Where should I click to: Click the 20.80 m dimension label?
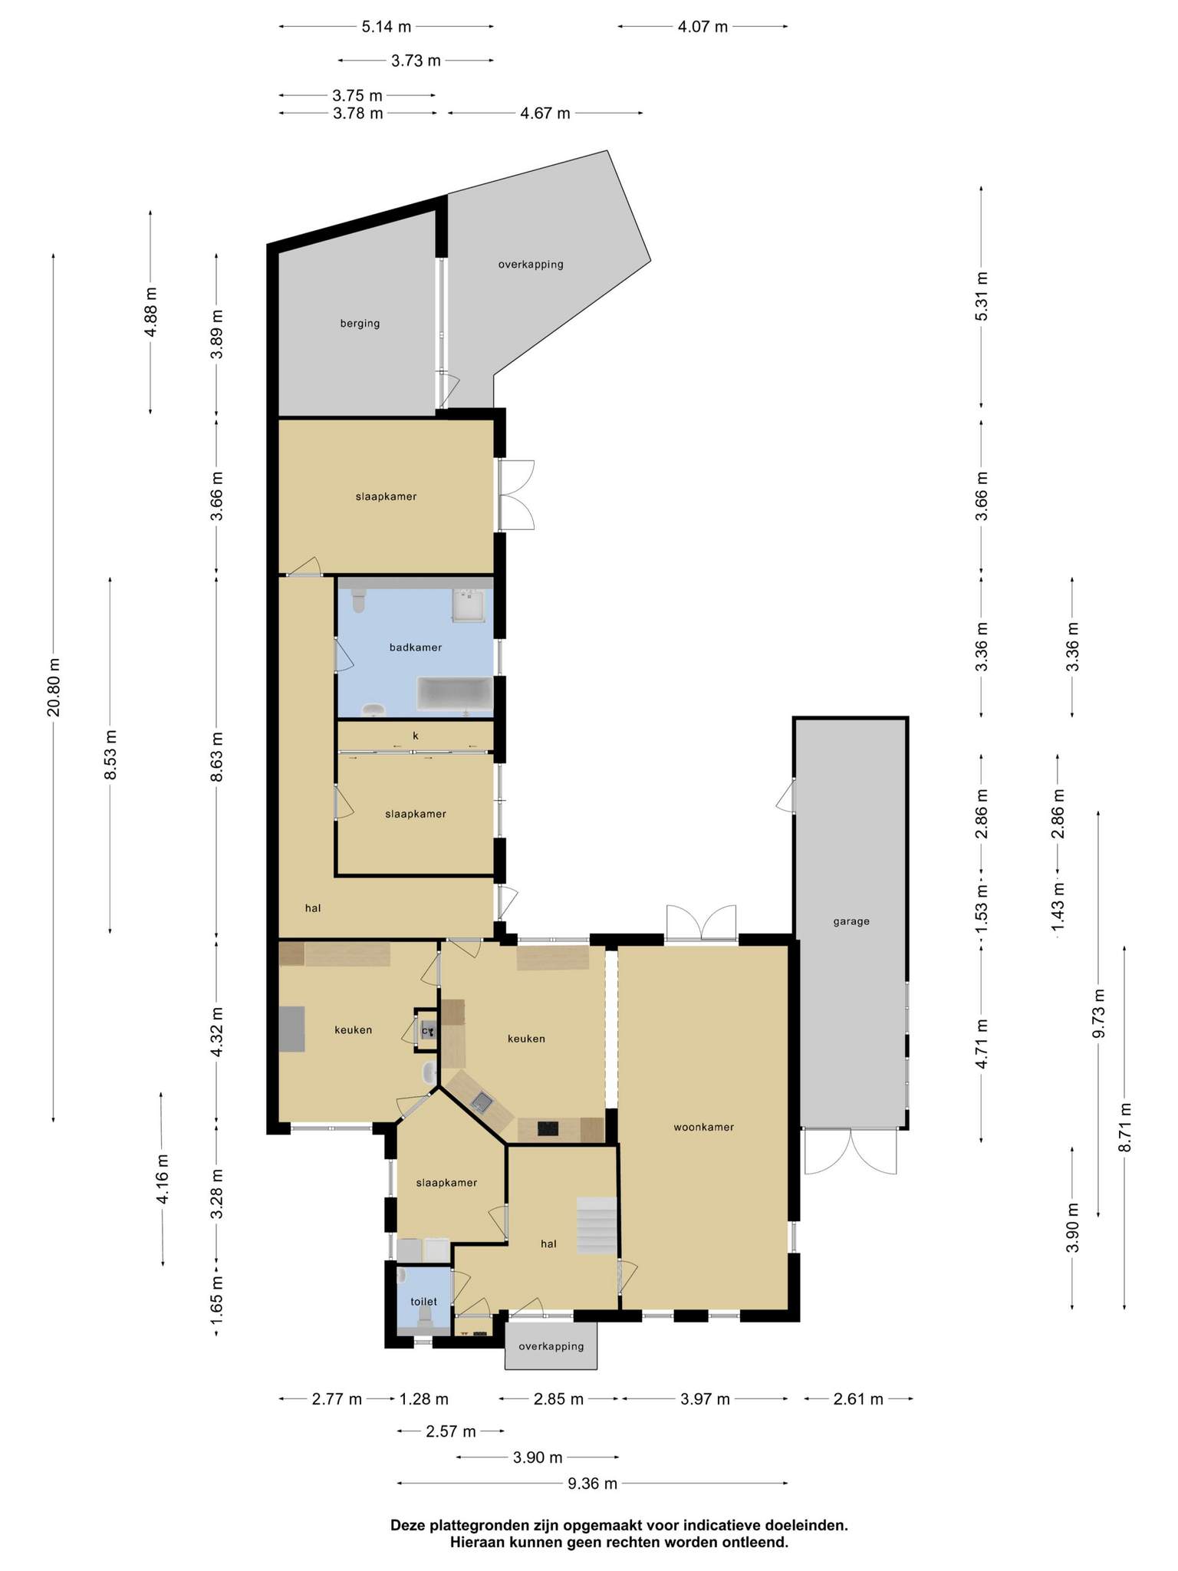[54, 687]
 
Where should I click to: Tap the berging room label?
[360, 323]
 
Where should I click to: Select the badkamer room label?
[416, 647]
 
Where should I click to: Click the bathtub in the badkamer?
[455, 693]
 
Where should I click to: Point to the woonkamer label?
[704, 1127]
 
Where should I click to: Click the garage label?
[851, 921]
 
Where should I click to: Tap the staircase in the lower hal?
[597, 1225]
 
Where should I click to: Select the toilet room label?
[424, 1301]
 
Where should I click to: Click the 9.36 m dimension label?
[593, 1483]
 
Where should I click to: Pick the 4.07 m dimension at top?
[703, 27]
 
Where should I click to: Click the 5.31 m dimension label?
[982, 297]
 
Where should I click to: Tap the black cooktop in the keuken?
[548, 1128]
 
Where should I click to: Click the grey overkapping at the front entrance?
[551, 1345]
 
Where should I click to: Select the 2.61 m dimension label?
[859, 1398]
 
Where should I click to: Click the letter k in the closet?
[416, 735]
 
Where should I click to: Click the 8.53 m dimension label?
[110, 755]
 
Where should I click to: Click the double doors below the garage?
[851, 1151]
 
